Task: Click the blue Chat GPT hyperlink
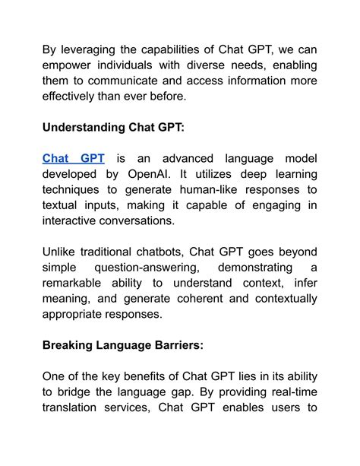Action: point(73,158)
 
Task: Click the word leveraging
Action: point(93,51)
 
